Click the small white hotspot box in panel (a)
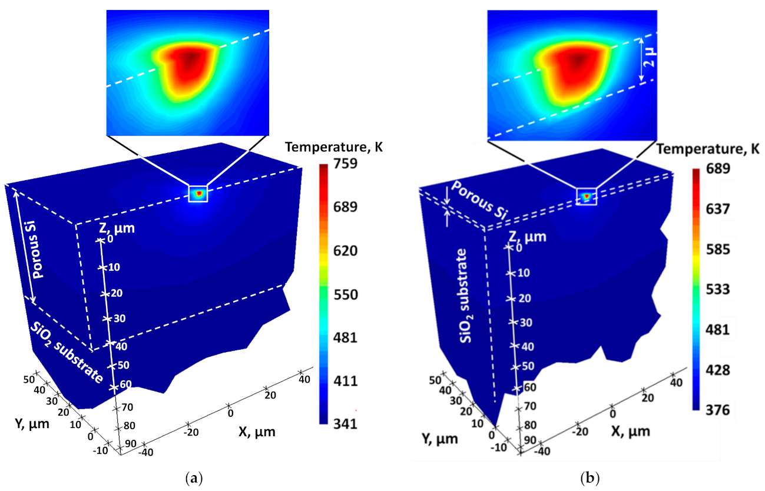click(x=198, y=193)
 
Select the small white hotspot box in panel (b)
click(x=586, y=196)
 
